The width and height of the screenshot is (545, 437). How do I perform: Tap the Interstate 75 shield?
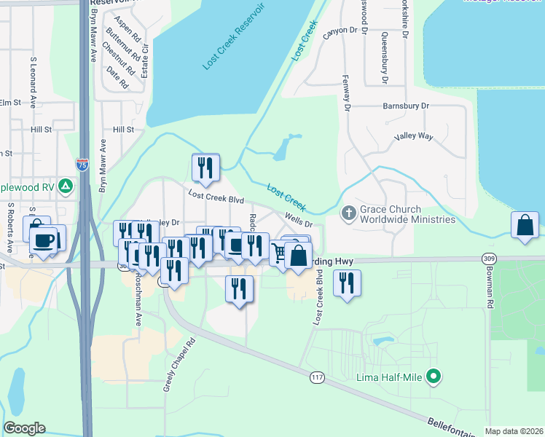tap(82, 165)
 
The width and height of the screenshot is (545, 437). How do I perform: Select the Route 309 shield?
tap(490, 259)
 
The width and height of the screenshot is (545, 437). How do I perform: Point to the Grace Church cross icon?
tap(348, 213)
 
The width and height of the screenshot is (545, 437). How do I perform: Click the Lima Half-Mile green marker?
tap(434, 377)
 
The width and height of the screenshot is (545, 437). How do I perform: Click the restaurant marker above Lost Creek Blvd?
tap(205, 168)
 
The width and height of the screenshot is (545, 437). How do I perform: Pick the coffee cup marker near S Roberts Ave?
tap(44, 239)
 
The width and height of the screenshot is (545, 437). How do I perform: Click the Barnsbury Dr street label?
tap(407, 106)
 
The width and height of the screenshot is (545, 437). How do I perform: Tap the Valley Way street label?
tap(414, 136)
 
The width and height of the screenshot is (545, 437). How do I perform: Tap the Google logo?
tap(24, 428)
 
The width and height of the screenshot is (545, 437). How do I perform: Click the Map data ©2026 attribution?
tap(514, 431)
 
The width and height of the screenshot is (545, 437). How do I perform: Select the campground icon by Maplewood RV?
tap(66, 186)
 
